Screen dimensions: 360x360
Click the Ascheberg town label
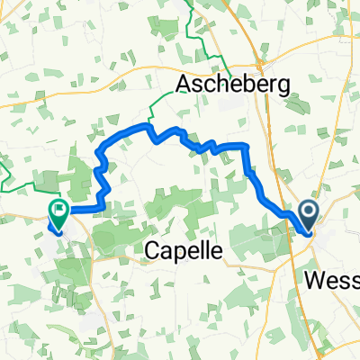(x=233, y=84)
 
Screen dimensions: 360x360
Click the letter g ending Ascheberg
(x=281, y=86)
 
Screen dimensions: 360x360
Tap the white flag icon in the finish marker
(x=60, y=213)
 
